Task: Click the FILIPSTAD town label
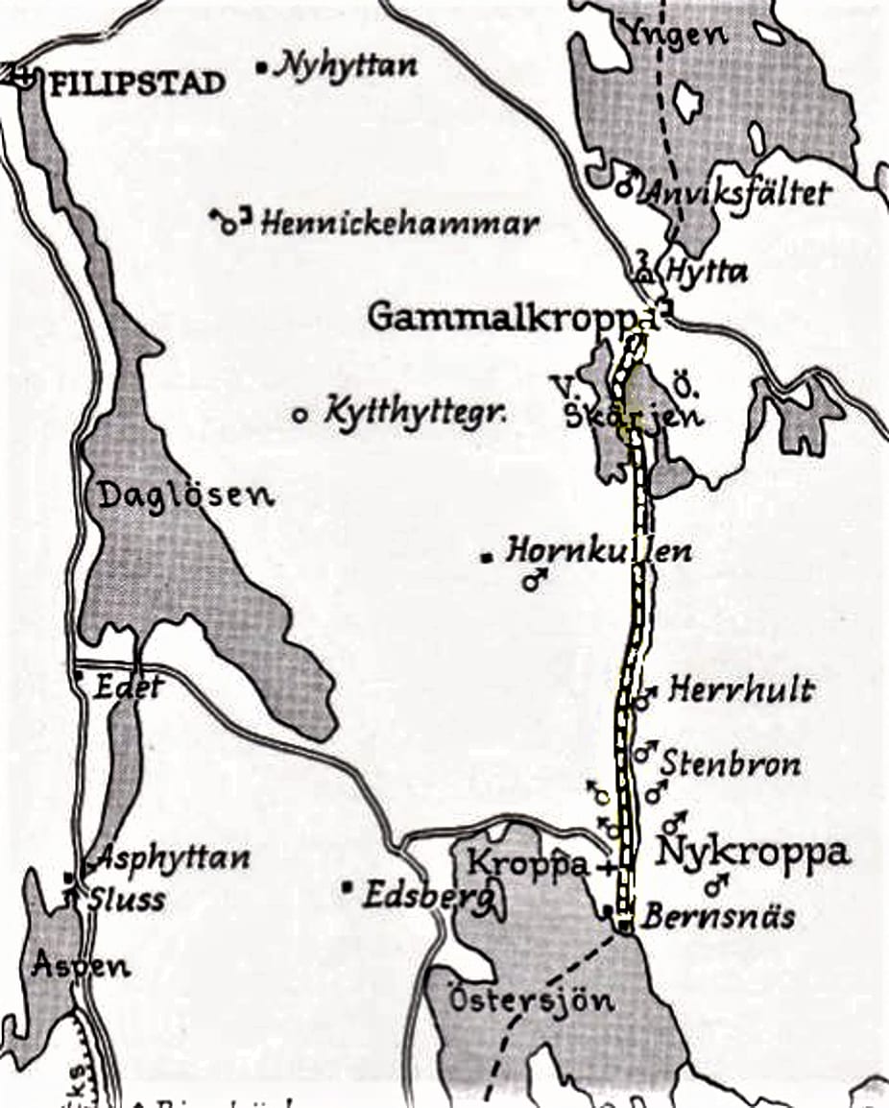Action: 137,83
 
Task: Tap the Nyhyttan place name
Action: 347,66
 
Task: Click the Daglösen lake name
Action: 186,495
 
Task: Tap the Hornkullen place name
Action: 598,552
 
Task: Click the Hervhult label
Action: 741,689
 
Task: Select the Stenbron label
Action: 731,764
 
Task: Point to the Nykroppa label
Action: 753,852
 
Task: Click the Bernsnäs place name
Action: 718,916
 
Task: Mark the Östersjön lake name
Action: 531,1001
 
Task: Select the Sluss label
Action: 127,900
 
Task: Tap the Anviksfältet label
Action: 736,192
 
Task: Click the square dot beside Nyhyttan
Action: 263,67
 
